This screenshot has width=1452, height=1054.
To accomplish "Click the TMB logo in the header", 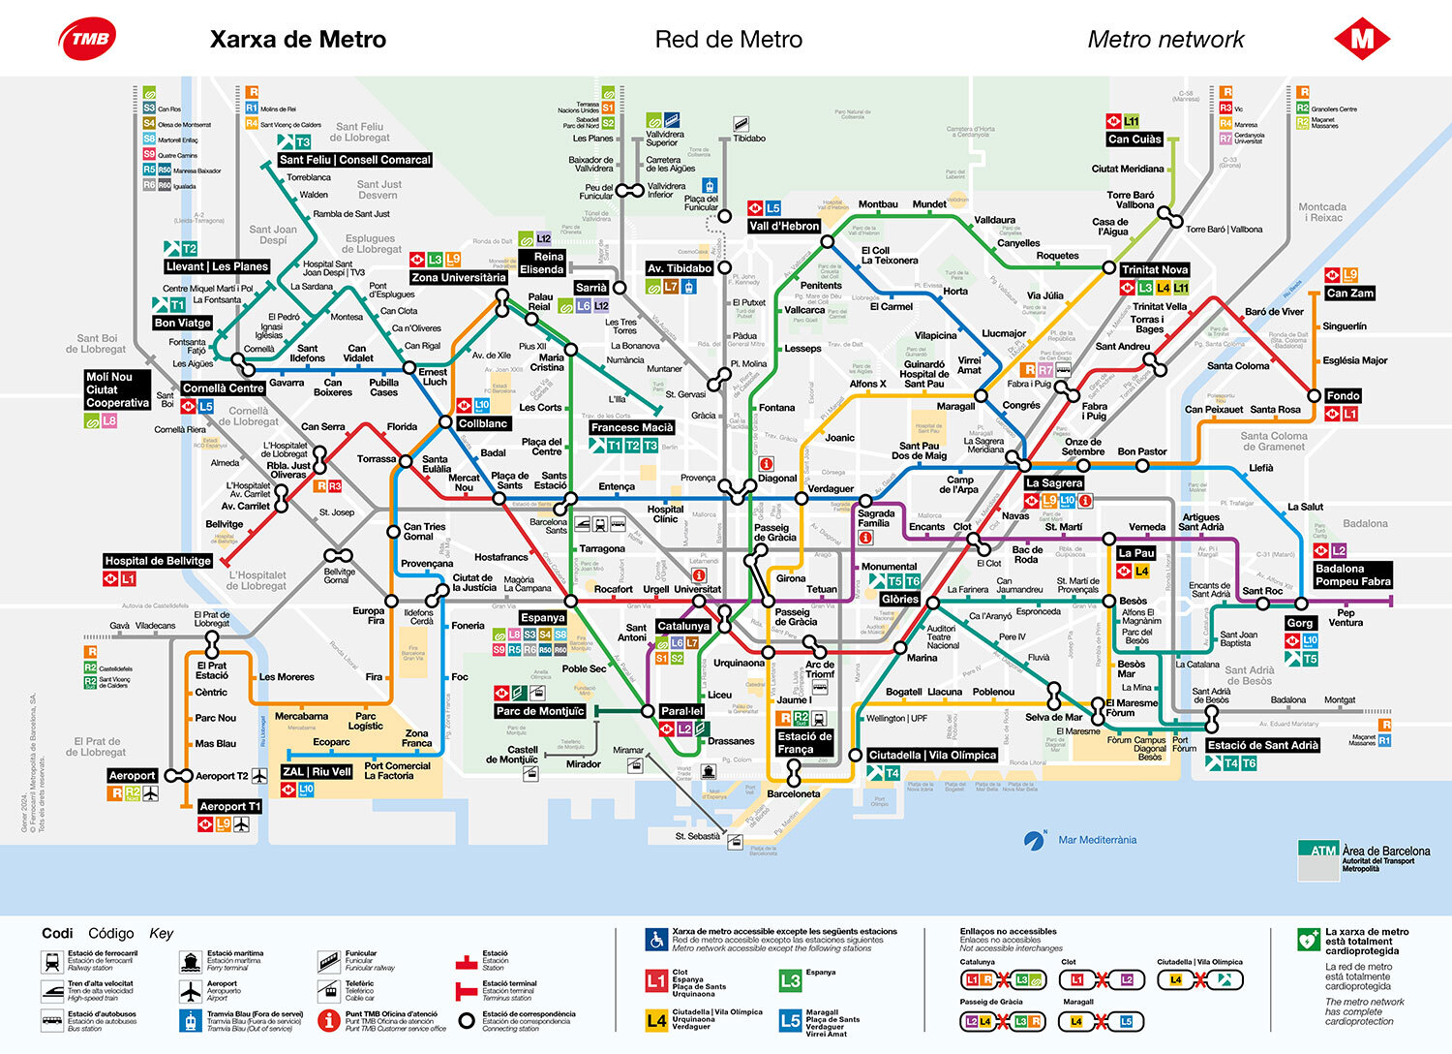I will pyautogui.click(x=88, y=39).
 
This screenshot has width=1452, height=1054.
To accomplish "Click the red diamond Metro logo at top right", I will pyautogui.click(x=1362, y=39).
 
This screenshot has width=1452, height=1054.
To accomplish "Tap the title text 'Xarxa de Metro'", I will pyautogui.click(x=298, y=40).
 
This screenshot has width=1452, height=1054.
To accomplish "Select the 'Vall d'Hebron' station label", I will pyautogui.click(x=784, y=226).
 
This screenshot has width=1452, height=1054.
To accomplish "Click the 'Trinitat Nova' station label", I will pyautogui.click(x=1154, y=269).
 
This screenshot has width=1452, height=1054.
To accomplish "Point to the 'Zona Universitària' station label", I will pyautogui.click(x=458, y=277).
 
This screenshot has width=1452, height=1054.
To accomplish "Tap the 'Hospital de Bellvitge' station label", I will pyautogui.click(x=158, y=561).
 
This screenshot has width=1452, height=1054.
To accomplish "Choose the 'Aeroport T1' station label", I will pyautogui.click(x=229, y=806).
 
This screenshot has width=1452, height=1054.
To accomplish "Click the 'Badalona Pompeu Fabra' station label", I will pyautogui.click(x=1352, y=575).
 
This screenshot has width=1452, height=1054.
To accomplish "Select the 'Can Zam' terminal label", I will pyautogui.click(x=1349, y=293).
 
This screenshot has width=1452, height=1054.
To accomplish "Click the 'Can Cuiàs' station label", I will pyautogui.click(x=1134, y=139).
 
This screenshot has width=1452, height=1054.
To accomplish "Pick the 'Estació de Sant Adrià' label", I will pyautogui.click(x=1262, y=745).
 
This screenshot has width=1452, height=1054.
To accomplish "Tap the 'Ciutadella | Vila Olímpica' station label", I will pyautogui.click(x=932, y=755).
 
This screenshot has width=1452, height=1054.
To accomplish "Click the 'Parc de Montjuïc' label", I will pyautogui.click(x=540, y=711).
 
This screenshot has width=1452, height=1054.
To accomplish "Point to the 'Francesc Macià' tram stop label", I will pyautogui.click(x=632, y=427).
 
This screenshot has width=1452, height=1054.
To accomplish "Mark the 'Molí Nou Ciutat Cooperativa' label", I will pyautogui.click(x=118, y=389).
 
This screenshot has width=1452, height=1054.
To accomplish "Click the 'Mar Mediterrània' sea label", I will pyautogui.click(x=1097, y=840).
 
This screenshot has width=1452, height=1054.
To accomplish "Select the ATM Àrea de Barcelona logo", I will pyautogui.click(x=1364, y=856).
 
